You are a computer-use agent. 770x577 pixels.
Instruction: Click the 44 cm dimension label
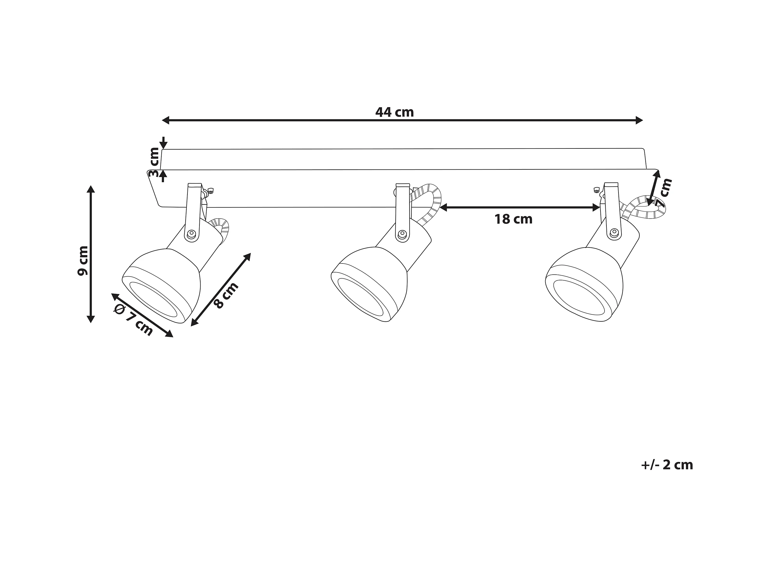coord(395,112)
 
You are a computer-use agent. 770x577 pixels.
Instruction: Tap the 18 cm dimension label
coord(513,219)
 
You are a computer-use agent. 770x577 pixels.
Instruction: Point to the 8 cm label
coord(226,295)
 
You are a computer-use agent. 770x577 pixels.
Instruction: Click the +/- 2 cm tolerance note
coord(667,465)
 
